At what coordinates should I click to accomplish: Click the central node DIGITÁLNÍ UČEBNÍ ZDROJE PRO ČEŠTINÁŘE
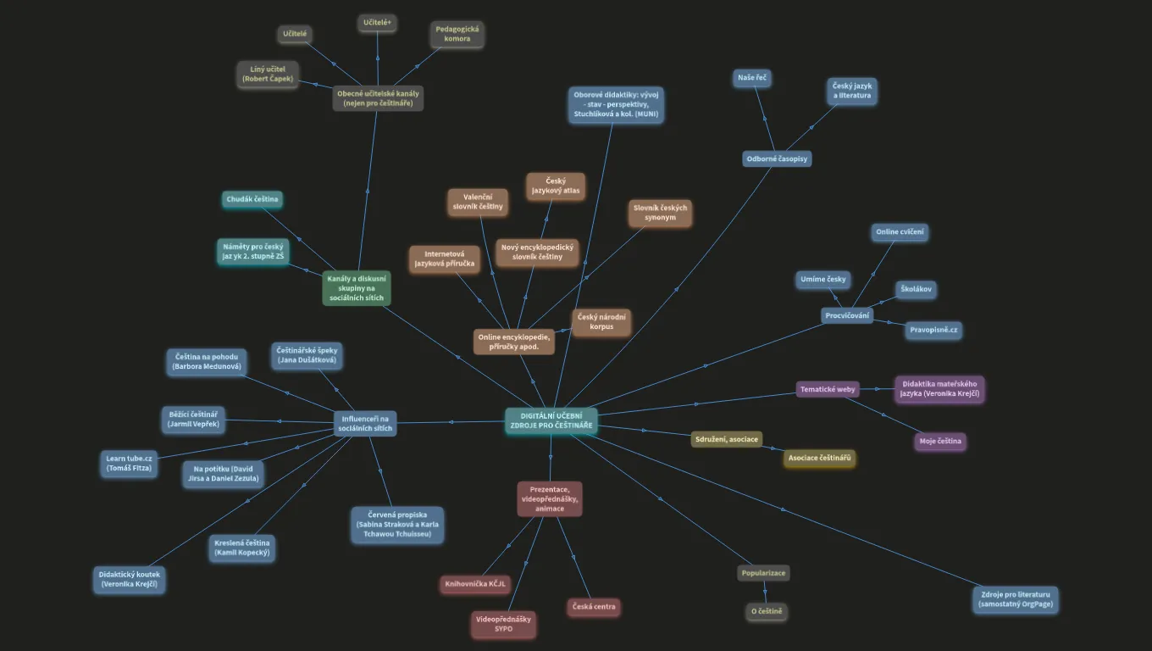(x=551, y=421)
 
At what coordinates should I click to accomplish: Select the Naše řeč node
(x=752, y=78)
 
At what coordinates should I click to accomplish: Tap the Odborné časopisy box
(x=777, y=159)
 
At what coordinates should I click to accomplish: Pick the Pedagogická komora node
(x=457, y=34)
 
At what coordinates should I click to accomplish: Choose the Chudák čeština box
(x=252, y=199)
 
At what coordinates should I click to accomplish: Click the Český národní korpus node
(x=601, y=322)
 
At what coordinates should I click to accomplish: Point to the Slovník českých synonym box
(x=660, y=213)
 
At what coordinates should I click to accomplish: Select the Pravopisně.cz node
(x=933, y=330)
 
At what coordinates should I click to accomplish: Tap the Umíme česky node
(x=822, y=280)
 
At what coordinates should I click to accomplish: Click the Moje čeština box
(x=940, y=441)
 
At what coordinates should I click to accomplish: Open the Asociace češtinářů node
(x=819, y=458)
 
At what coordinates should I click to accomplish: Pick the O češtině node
(x=767, y=611)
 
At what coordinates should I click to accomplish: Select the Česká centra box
(x=594, y=607)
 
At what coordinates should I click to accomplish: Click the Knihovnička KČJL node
(x=475, y=584)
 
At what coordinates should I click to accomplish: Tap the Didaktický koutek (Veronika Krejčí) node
(x=129, y=580)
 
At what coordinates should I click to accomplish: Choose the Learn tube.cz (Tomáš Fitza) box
(x=129, y=463)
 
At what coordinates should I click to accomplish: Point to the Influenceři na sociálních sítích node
(x=365, y=424)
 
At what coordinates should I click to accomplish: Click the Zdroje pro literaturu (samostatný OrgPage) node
(x=1015, y=599)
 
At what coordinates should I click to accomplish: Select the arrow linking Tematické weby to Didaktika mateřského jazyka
(x=878, y=389)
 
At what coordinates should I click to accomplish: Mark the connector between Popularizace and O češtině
(x=765, y=593)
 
